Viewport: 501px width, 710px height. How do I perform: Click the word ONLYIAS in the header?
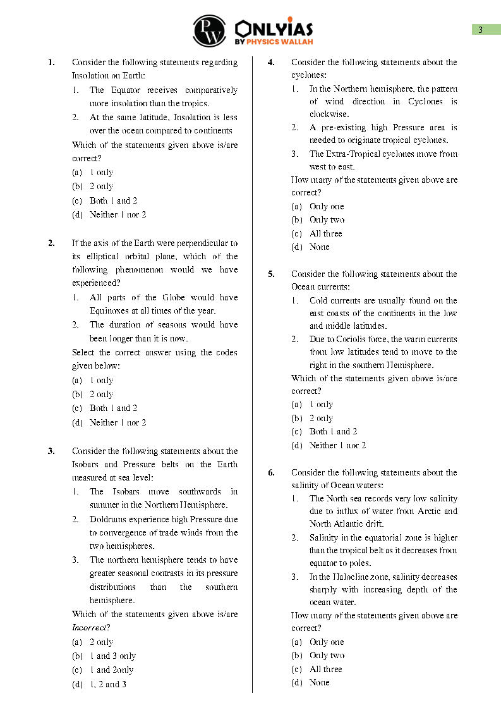point(274,28)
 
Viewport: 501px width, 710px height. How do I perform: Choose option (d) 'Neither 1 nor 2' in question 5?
point(337,445)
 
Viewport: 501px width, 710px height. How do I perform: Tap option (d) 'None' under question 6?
point(319,682)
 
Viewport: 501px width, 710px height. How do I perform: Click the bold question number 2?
point(51,243)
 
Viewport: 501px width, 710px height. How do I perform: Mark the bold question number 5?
point(270,274)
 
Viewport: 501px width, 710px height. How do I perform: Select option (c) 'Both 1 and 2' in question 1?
point(113,200)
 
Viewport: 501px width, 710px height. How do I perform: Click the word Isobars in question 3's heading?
point(87,465)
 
